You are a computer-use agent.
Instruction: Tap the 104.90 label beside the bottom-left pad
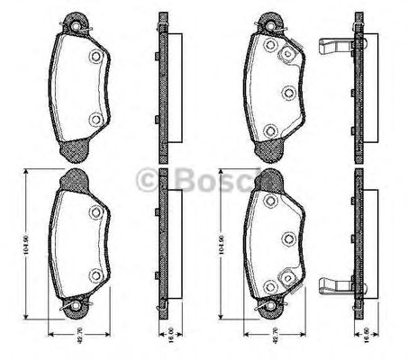(30, 243)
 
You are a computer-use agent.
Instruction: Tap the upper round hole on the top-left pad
(95, 57)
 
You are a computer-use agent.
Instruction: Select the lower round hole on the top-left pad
(95, 120)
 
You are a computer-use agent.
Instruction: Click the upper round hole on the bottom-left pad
(95, 213)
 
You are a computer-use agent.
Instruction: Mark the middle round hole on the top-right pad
(289, 92)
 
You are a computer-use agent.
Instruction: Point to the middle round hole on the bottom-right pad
(289, 238)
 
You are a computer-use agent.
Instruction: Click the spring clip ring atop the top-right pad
(269, 19)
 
